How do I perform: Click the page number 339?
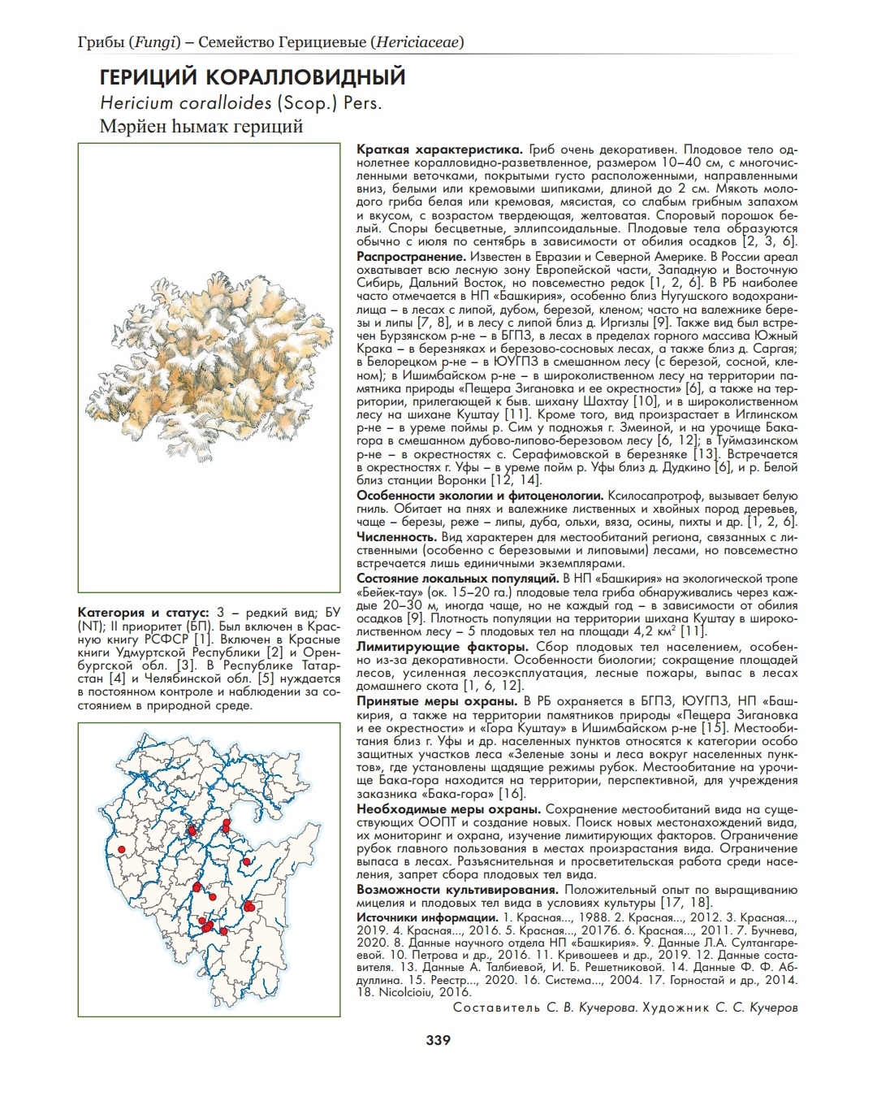(x=438, y=1040)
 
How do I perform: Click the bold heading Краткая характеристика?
(x=439, y=150)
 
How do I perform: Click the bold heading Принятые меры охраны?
(x=438, y=701)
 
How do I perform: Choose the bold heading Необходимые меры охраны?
(x=449, y=810)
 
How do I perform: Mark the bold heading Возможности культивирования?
(x=459, y=890)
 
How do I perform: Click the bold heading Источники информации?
(x=427, y=917)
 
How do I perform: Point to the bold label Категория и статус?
(x=144, y=612)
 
